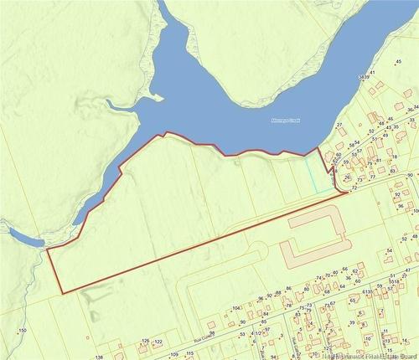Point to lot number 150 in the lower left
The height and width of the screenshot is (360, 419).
click(x=23, y=332)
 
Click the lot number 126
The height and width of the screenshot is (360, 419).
click(x=145, y=341)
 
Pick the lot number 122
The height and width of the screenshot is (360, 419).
click(x=157, y=342)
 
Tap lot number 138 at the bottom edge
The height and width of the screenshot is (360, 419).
click(x=99, y=357)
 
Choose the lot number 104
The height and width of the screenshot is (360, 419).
click(x=236, y=308)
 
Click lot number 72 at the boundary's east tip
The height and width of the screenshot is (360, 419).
click(x=354, y=188)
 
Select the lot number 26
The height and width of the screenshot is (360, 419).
click(x=346, y=177)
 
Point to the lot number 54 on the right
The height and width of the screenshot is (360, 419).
click(x=390, y=250)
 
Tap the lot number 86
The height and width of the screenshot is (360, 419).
click(x=288, y=289)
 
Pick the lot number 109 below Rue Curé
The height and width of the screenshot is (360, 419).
click(x=175, y=355)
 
